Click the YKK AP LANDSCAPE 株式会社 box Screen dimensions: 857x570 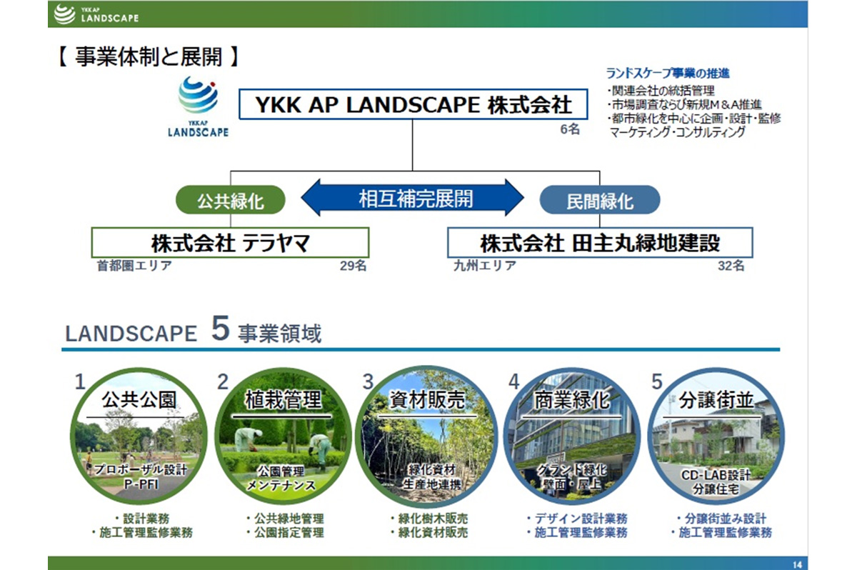414,104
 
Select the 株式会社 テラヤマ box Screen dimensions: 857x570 230,243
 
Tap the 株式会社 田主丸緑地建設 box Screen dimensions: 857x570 600,243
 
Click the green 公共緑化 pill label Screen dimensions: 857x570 230,200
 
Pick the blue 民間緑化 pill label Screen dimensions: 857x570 599,200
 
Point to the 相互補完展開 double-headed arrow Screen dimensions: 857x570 413,198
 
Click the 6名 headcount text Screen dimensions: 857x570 570,129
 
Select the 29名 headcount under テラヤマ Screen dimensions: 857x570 353,266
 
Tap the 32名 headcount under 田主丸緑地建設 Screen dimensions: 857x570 731,266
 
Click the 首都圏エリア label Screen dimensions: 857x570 134,266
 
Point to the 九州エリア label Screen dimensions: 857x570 485,266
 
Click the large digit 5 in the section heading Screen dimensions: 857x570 221,329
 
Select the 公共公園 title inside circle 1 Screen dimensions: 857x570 139,400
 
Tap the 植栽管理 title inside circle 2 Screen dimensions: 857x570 283,400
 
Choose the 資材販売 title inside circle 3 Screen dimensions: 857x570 426,400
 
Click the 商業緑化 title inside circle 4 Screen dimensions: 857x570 571,400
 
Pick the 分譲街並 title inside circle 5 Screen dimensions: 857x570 716,400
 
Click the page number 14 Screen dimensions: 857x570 797,565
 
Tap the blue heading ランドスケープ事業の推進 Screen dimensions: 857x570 668,73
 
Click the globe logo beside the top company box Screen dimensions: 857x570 199,95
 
